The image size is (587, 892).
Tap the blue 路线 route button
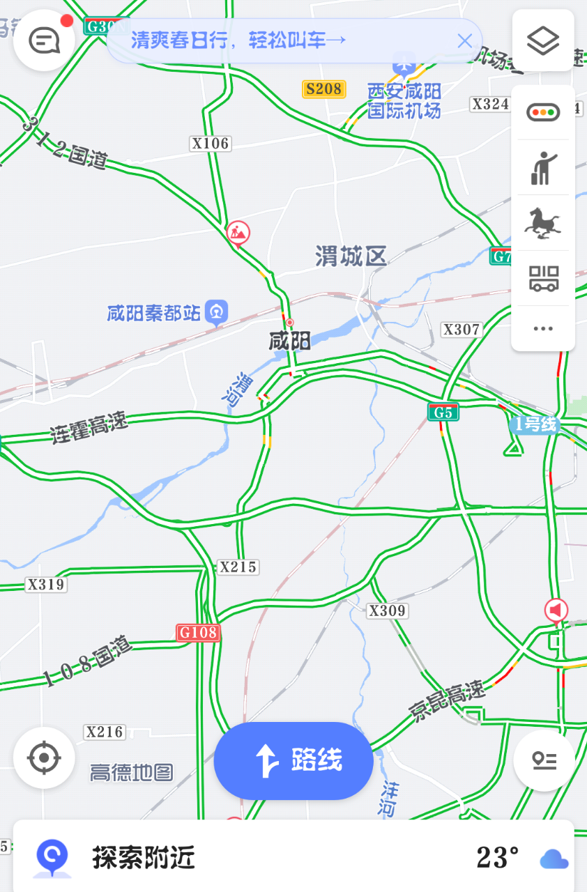(x=293, y=760)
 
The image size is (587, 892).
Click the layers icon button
(x=543, y=41)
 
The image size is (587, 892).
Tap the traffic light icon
(x=543, y=112)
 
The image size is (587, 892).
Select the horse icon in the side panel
(x=543, y=223)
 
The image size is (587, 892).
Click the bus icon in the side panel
(x=543, y=278)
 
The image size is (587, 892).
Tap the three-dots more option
(x=543, y=329)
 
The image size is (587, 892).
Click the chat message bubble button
(x=44, y=41)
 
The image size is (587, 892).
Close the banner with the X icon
(x=465, y=40)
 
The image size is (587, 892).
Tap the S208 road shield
(x=324, y=89)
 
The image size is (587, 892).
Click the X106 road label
(x=210, y=144)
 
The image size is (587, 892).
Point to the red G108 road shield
(x=198, y=633)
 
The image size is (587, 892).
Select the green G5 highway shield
(x=443, y=413)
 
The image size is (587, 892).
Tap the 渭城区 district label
(x=351, y=256)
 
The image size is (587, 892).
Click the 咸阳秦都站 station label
(x=154, y=313)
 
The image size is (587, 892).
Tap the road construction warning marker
(x=238, y=233)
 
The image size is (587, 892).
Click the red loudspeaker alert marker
(x=556, y=611)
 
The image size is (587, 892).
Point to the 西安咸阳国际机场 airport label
(x=404, y=100)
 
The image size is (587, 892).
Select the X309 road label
(x=387, y=611)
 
